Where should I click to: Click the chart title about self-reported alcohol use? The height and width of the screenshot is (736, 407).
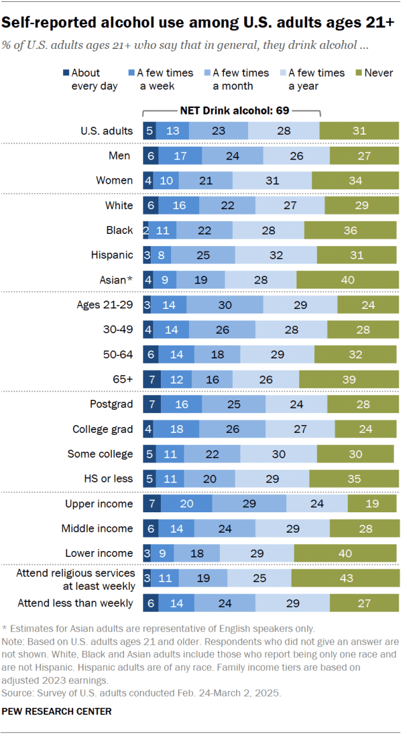pyautogui.click(x=198, y=24)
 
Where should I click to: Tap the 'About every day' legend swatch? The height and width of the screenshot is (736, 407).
pyautogui.click(x=66, y=73)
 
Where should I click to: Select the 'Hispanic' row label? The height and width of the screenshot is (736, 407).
pyautogui.click(x=112, y=255)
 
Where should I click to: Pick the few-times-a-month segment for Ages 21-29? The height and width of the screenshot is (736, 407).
pyautogui.click(x=224, y=304)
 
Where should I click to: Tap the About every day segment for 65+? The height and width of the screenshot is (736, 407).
pyautogui.click(x=152, y=379)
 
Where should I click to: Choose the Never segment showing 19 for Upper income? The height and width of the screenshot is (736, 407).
pyautogui.click(x=373, y=504)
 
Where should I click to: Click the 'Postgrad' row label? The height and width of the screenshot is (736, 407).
pyautogui.click(x=112, y=404)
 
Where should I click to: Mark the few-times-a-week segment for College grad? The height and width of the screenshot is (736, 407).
pyautogui.click(x=176, y=429)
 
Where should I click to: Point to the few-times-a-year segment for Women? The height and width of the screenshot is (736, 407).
pyautogui.click(x=272, y=181)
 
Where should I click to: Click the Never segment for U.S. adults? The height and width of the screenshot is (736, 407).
pyautogui.click(x=359, y=131)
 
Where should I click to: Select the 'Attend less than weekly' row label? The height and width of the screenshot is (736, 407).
pyautogui.click(x=76, y=603)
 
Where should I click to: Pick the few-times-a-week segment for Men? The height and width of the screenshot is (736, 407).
pyautogui.click(x=180, y=156)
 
